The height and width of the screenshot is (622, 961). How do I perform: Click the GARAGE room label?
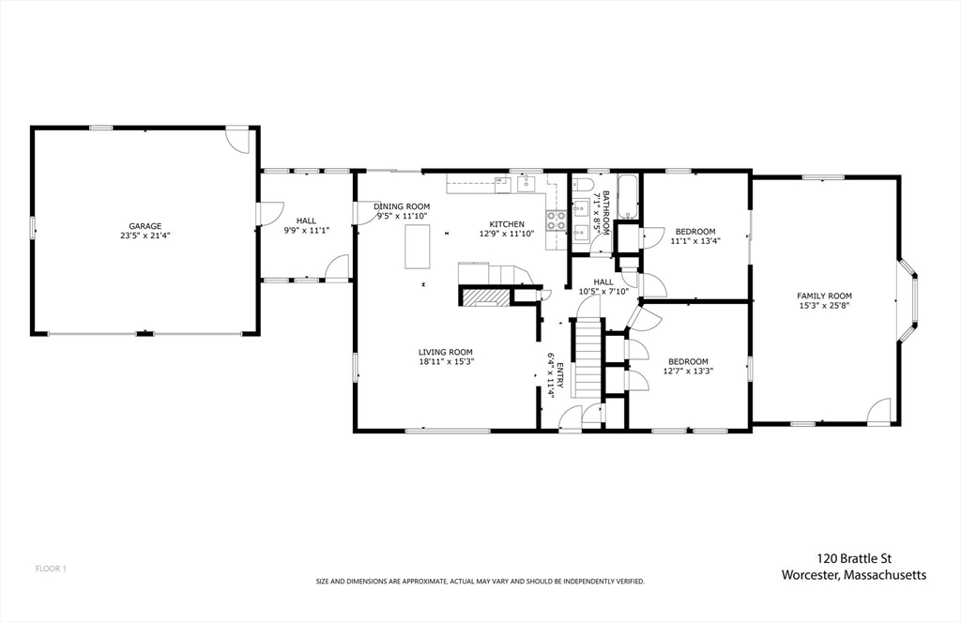[145, 226]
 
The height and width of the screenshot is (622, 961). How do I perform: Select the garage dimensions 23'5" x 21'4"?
[145, 236]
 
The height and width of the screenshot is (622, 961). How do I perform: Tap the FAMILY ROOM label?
[825, 296]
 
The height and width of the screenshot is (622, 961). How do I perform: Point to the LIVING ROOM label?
[446, 352]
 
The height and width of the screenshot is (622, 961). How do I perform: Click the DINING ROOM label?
[402, 206]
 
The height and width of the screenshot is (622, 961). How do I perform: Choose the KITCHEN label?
[506, 223]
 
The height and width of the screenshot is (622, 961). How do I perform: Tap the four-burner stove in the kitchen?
[557, 220]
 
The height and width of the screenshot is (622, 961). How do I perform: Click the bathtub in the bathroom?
[628, 198]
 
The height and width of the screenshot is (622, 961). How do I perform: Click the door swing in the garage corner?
[239, 140]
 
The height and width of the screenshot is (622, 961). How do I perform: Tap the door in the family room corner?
[878, 410]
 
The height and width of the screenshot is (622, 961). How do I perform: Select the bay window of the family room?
[909, 298]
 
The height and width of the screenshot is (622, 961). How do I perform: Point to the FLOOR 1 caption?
[51, 569]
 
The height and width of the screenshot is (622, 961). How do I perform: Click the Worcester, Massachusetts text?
[854, 574]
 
